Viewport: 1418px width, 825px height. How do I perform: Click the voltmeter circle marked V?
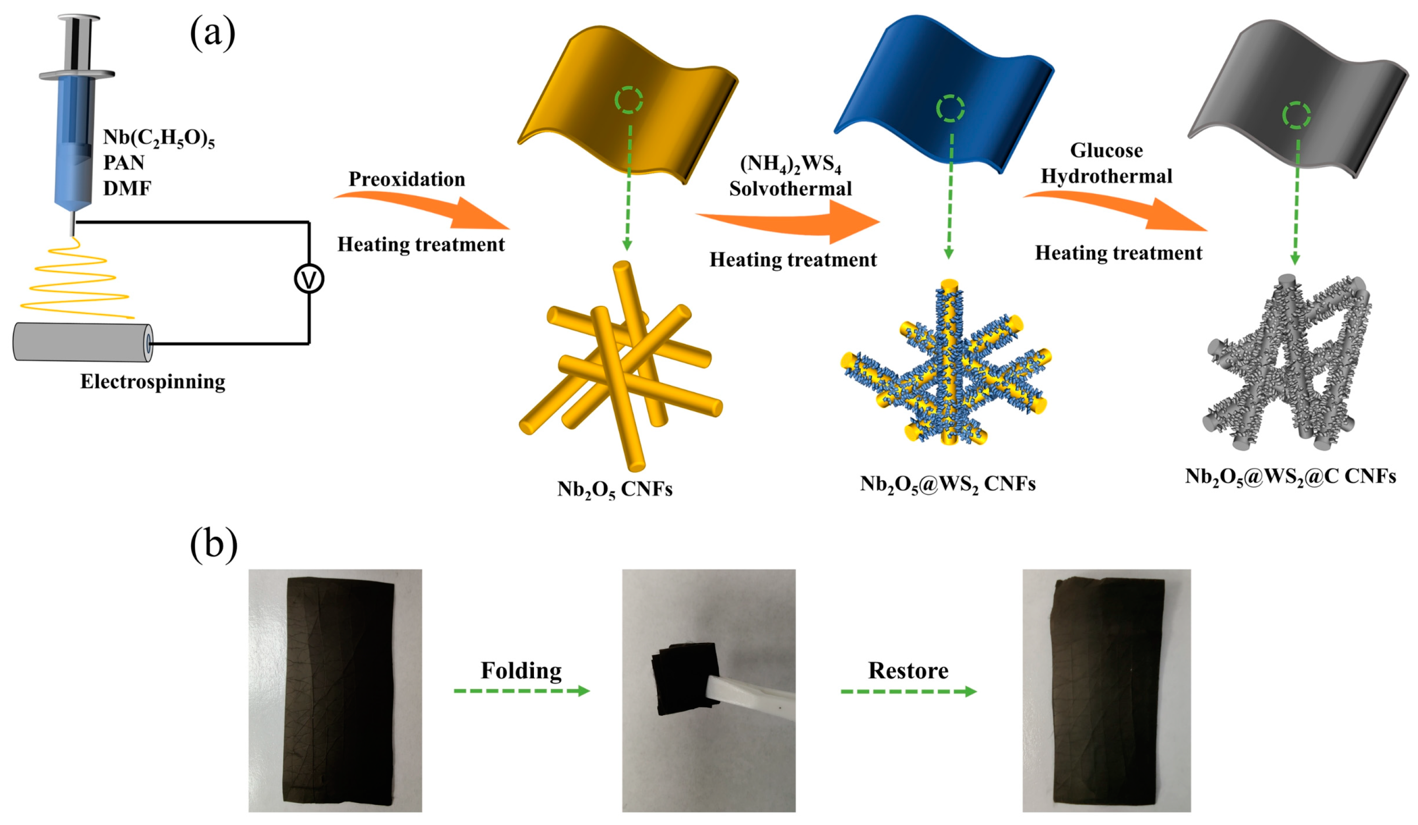tap(309, 279)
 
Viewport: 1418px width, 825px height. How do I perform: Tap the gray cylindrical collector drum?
tap(82, 341)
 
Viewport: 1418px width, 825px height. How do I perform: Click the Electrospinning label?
tap(152, 382)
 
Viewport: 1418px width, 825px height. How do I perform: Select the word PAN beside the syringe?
tap(124, 163)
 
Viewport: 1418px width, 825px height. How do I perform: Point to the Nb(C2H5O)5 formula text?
tap(159, 138)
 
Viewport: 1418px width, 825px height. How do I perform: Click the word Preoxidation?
tap(407, 179)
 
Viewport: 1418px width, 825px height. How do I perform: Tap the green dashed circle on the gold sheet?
tap(629, 100)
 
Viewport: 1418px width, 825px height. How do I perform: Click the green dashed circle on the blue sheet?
tap(950, 109)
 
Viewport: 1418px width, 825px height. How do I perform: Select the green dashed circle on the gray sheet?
tap(1296, 115)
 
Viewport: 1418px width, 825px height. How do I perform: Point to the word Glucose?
tap(1106, 150)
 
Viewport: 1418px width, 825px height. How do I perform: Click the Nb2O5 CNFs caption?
tap(615, 489)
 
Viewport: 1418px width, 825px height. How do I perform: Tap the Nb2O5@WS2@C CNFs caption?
tap(1290, 477)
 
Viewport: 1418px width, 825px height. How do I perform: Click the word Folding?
tap(521, 670)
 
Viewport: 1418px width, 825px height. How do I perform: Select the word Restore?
tap(908, 670)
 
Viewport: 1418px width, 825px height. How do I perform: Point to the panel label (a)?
tap(212, 33)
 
